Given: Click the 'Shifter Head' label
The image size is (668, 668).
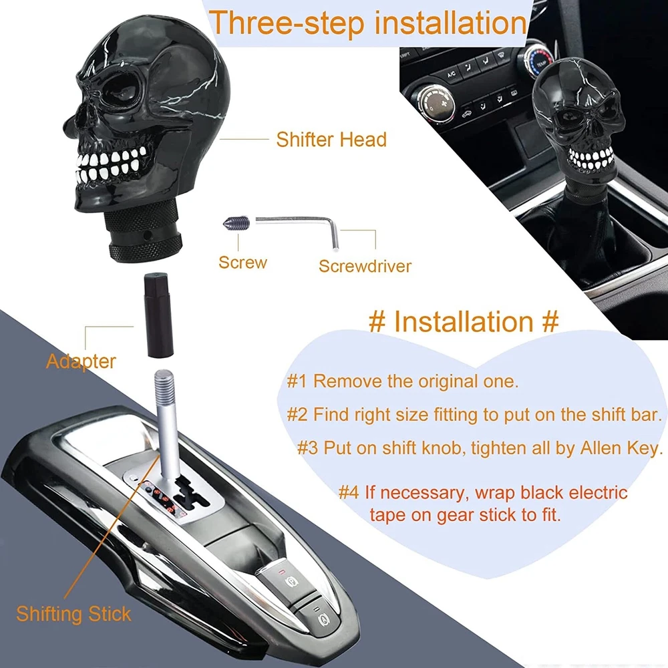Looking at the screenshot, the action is pos(331,140).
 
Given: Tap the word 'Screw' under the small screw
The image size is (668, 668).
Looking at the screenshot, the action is pos(243,263).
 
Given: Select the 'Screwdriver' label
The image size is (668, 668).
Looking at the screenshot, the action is pos(365,267).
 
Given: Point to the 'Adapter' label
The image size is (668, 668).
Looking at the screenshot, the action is pos(81,361).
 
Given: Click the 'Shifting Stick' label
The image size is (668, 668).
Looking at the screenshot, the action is pos(73,614).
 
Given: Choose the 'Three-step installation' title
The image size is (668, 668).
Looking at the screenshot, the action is pos(368,23).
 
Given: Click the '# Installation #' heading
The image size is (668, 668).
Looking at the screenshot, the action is pos(464,321).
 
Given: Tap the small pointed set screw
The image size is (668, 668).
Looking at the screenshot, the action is pos(236,222).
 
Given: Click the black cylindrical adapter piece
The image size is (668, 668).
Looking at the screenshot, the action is pos(158,315).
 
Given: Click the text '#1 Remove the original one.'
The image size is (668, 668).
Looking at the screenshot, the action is pos(403,381).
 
